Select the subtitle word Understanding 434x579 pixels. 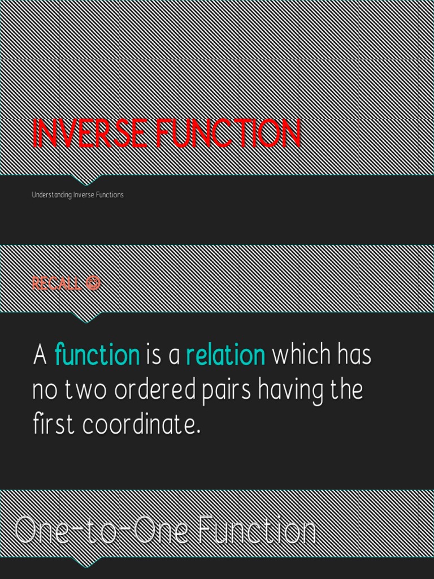coord(51,195)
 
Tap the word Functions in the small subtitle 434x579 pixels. coord(110,195)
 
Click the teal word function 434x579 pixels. coord(97,356)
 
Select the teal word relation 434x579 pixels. coord(225,356)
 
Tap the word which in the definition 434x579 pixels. coord(301,356)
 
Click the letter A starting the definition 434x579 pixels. coord(40,356)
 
